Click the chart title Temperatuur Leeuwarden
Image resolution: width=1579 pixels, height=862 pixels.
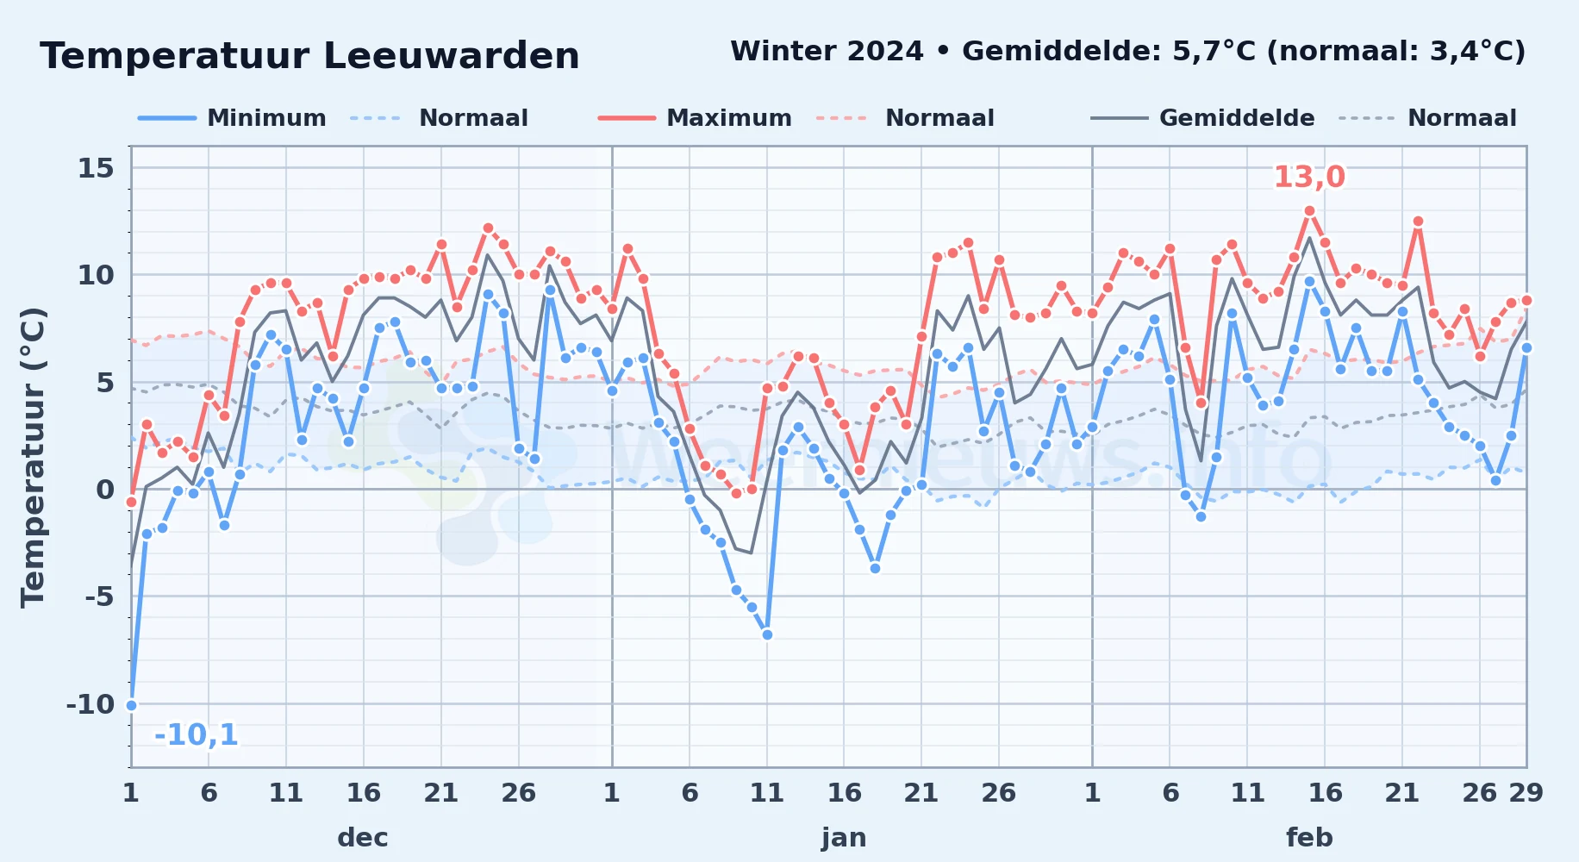(309, 56)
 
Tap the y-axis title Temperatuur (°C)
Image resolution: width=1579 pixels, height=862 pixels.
(33, 457)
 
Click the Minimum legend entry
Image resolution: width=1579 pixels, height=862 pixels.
(232, 118)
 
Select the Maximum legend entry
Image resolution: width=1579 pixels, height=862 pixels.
(695, 118)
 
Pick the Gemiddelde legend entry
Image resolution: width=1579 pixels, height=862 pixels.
(1202, 118)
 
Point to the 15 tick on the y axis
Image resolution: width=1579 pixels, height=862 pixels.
(96, 168)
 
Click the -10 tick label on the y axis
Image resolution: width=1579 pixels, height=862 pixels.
(90, 704)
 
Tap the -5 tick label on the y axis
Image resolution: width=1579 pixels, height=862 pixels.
(99, 597)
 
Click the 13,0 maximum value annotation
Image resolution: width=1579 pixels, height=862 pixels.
(1309, 177)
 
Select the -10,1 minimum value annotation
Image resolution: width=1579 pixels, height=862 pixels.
(196, 734)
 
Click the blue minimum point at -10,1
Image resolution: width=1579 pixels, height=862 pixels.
(131, 705)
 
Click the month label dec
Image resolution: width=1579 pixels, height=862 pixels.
(363, 838)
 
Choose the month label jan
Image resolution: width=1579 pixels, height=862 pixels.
(844, 838)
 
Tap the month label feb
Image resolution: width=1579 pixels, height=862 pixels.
(1309, 838)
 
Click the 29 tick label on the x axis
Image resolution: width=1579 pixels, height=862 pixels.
(1526, 793)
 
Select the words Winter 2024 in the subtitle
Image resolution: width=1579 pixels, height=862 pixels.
(827, 51)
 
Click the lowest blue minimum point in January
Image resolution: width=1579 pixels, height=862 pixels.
(767, 634)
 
